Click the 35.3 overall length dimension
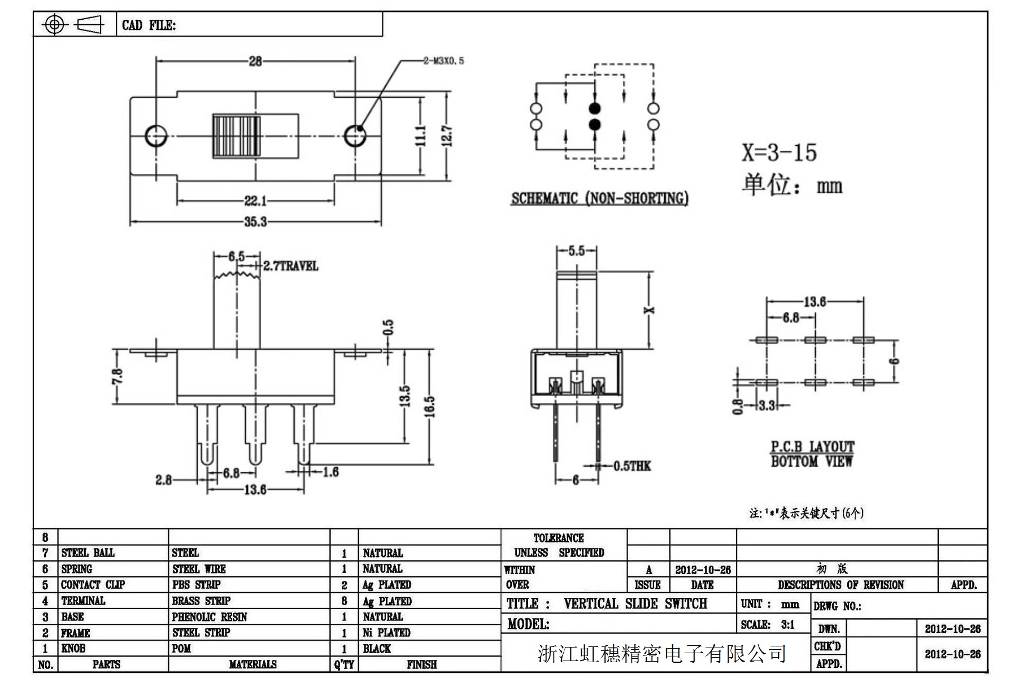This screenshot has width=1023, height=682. tap(255, 221)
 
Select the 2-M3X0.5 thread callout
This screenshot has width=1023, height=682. tap(443, 60)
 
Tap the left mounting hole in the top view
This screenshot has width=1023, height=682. tap(155, 136)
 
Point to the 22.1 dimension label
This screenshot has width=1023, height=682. tap(255, 201)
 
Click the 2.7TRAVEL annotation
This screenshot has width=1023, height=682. tap(291, 266)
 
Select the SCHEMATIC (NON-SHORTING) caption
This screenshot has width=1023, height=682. tap(599, 198)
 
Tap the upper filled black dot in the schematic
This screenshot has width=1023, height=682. tap(594, 108)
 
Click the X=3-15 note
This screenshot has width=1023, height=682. tap(779, 153)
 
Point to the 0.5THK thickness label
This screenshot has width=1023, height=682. tap(632, 466)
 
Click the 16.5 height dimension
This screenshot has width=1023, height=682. tap(430, 406)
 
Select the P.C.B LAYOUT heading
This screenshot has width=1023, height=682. tap(812, 447)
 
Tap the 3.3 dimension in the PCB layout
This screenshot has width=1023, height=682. tap(767, 405)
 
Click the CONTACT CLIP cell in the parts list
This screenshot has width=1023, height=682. tap(93, 585)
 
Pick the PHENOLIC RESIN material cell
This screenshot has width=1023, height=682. tap(210, 617)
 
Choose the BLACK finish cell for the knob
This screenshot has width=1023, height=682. tap(377, 649)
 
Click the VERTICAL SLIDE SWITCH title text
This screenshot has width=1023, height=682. tap(635, 603)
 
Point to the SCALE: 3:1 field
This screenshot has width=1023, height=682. tap(768, 624)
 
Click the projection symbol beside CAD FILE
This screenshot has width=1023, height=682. tap(73, 24)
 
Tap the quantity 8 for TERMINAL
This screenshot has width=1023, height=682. tap(344, 601)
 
